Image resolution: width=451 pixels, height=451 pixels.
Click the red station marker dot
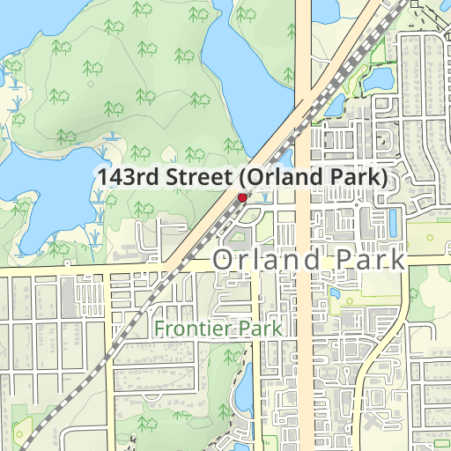point(242,197)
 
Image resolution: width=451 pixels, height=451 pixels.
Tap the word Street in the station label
point(200,177)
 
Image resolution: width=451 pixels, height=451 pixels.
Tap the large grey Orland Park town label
point(309,261)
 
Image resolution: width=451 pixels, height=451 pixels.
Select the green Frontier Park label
point(218,329)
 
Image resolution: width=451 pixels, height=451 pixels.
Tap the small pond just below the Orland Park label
point(336,293)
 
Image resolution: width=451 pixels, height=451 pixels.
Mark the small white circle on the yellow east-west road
point(67,263)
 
